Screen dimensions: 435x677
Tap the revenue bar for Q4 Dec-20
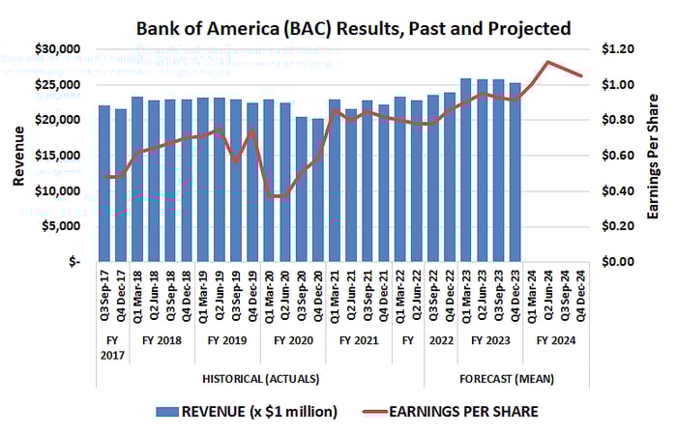pyautogui.click(x=318, y=189)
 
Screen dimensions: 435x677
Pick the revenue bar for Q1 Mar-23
pyautogui.click(x=466, y=170)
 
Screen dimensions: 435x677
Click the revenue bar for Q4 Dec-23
pyautogui.click(x=515, y=172)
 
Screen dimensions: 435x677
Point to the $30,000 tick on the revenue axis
pyautogui.click(x=57, y=49)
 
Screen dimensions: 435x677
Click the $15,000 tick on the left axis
pyautogui.click(x=57, y=156)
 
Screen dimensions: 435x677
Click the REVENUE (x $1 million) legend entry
pyautogui.click(x=248, y=412)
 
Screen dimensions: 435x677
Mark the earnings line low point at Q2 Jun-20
pyautogui.click(x=285, y=196)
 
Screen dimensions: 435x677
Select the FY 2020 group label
pyautogui.click(x=293, y=340)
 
